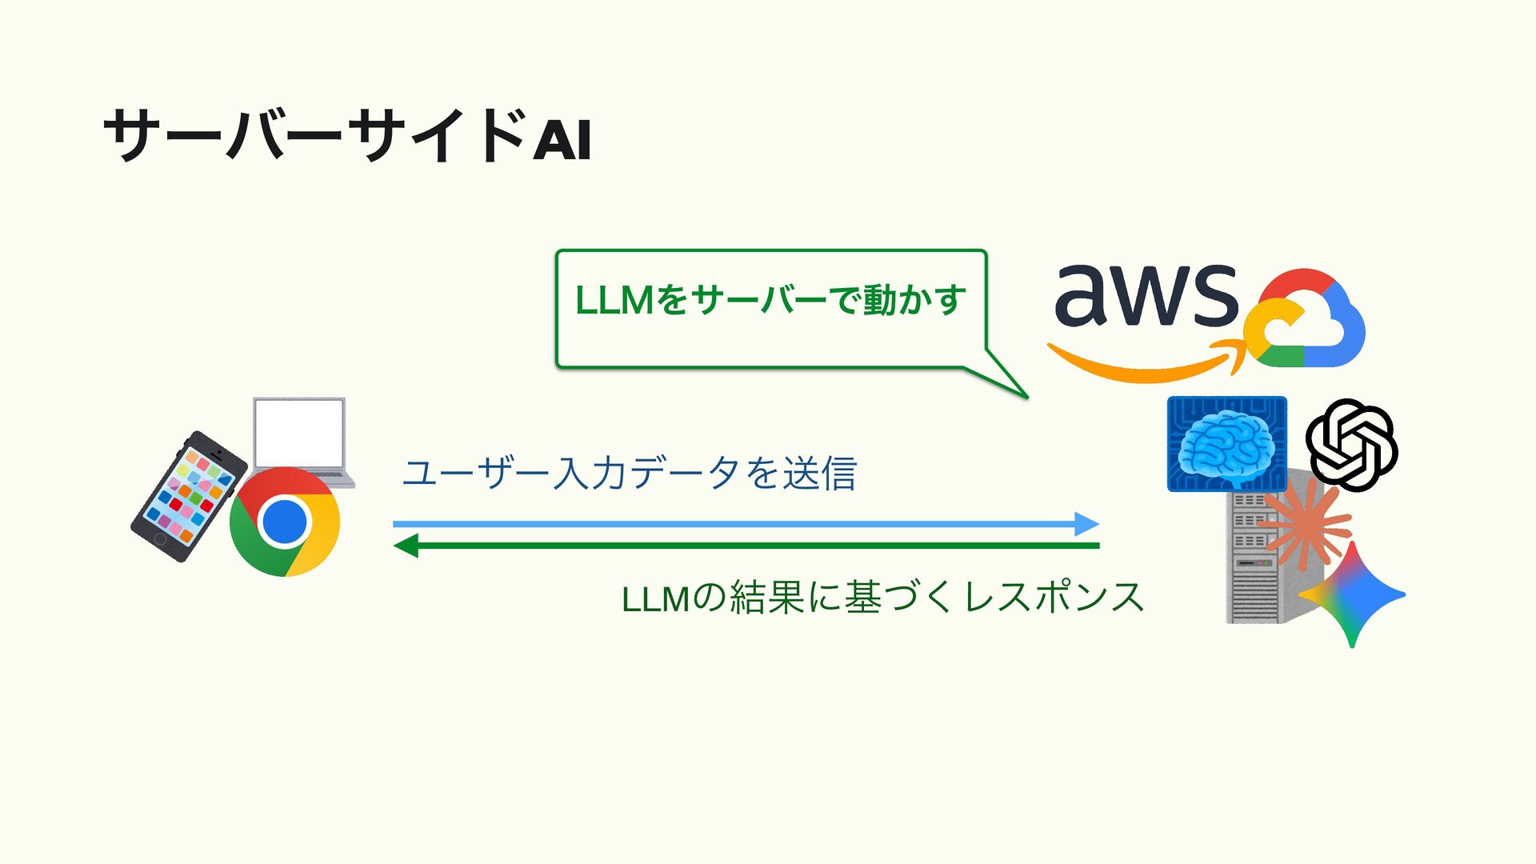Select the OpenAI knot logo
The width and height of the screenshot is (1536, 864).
(x=1351, y=445)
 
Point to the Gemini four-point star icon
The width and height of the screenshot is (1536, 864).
(x=1352, y=594)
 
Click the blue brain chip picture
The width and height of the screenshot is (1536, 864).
(x=1226, y=443)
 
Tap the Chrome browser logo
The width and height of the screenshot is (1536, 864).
(x=285, y=522)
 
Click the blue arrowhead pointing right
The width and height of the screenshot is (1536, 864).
(x=1086, y=524)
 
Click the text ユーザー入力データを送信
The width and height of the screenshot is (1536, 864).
(x=629, y=473)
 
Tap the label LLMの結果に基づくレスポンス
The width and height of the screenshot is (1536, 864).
(x=882, y=598)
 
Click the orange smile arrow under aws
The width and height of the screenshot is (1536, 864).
(x=1144, y=365)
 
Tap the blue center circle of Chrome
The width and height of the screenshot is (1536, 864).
(x=285, y=522)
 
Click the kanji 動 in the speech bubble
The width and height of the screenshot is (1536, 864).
(x=879, y=301)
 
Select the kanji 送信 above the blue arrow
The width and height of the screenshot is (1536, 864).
(x=819, y=473)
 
